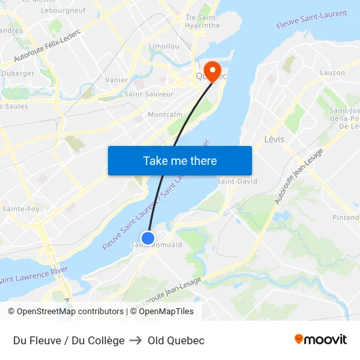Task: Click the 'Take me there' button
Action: [x=180, y=160]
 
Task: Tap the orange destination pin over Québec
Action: [x=213, y=70]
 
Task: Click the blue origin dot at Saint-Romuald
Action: [x=149, y=238]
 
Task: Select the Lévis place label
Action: [x=274, y=139]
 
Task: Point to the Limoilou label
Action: [x=164, y=46]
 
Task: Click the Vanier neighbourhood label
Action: [x=117, y=80]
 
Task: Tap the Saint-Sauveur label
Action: [x=149, y=94]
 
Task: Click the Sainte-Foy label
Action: [x=21, y=209]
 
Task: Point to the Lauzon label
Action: [x=332, y=73]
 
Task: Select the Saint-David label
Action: [x=237, y=181]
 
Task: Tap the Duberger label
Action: [x=18, y=73]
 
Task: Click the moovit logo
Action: [x=320, y=339]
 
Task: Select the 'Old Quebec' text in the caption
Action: [x=176, y=340]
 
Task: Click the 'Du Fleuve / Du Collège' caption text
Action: [x=69, y=340]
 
